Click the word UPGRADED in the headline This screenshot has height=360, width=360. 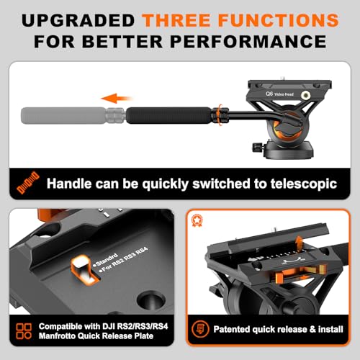(x=78, y=20)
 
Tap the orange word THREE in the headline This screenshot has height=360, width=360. (x=176, y=20)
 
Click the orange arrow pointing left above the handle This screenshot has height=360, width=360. (x=116, y=98)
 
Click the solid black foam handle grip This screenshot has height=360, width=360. (x=168, y=115)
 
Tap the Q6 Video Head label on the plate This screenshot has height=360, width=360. (x=279, y=94)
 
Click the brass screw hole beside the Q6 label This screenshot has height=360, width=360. (x=305, y=95)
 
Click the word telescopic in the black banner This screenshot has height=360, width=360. (x=304, y=184)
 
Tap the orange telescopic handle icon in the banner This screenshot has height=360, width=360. (x=28, y=182)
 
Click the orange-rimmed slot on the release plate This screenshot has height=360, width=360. (x=84, y=269)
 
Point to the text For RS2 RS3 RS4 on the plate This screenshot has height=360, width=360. (x=125, y=260)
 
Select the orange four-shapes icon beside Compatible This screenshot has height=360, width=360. (x=24, y=331)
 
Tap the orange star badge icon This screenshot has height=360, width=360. (x=197, y=220)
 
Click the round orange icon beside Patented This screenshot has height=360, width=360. (x=200, y=329)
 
